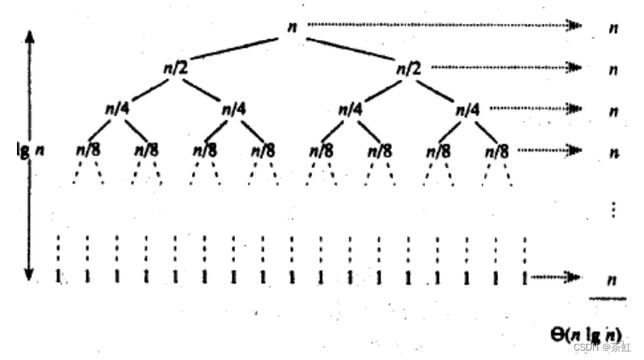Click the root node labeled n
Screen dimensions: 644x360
tap(292, 27)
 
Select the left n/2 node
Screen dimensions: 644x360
tap(176, 67)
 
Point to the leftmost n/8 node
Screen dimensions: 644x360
tap(87, 150)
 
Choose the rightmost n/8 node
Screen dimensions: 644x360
tap(496, 150)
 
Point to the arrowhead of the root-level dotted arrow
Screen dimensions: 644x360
tap(576, 26)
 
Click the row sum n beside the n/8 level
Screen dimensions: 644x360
tap(612, 152)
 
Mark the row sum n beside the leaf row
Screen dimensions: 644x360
tap(612, 278)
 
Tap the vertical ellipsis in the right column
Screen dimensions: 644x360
tap(612, 209)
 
